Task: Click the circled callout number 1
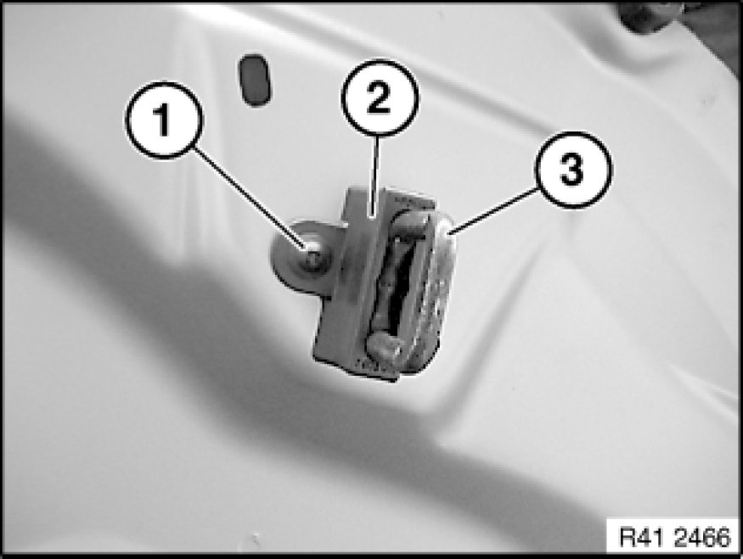(164, 120)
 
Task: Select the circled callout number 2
(380, 98)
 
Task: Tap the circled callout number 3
(573, 170)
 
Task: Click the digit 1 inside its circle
(163, 120)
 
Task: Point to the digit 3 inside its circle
(572, 170)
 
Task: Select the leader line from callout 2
(376, 177)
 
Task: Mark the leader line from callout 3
(493, 210)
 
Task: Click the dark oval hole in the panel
(255, 80)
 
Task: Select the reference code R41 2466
(675, 537)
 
